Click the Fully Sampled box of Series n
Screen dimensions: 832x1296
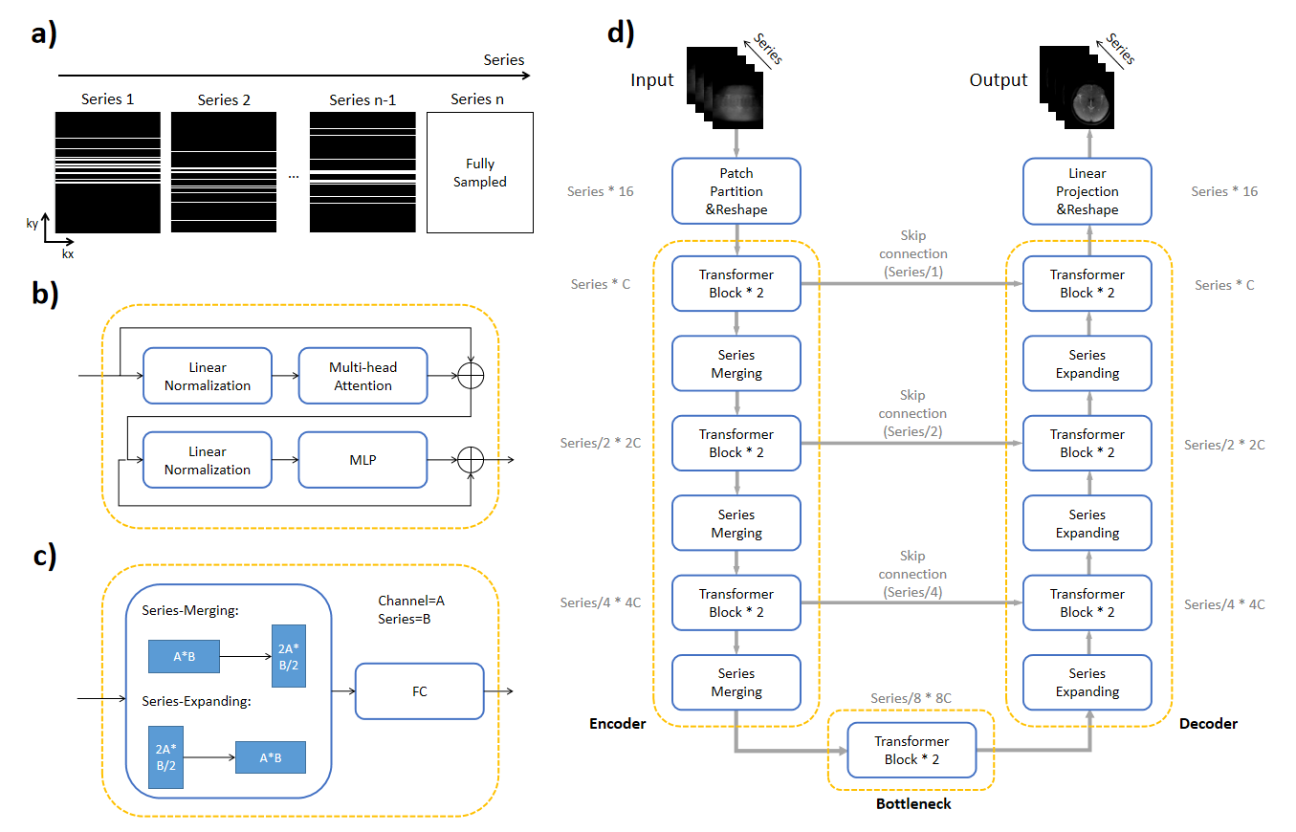(479, 172)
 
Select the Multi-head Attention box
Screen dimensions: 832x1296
(362, 376)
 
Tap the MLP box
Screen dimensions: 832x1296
(362, 460)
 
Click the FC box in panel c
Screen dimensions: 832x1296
(419, 690)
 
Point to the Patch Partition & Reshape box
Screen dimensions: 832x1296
(736, 191)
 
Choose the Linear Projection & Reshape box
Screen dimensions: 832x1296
(1087, 191)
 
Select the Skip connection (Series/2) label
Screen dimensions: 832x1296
(912, 413)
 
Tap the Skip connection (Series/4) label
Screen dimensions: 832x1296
(912, 574)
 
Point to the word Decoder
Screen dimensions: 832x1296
(1208, 724)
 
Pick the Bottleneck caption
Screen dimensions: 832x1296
(913, 804)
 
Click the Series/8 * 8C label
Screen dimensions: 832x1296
(911, 699)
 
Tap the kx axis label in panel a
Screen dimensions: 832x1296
(67, 254)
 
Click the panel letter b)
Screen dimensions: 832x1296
(44, 295)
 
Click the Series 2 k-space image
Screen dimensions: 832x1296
(224, 172)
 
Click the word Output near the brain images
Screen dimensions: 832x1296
(999, 80)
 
